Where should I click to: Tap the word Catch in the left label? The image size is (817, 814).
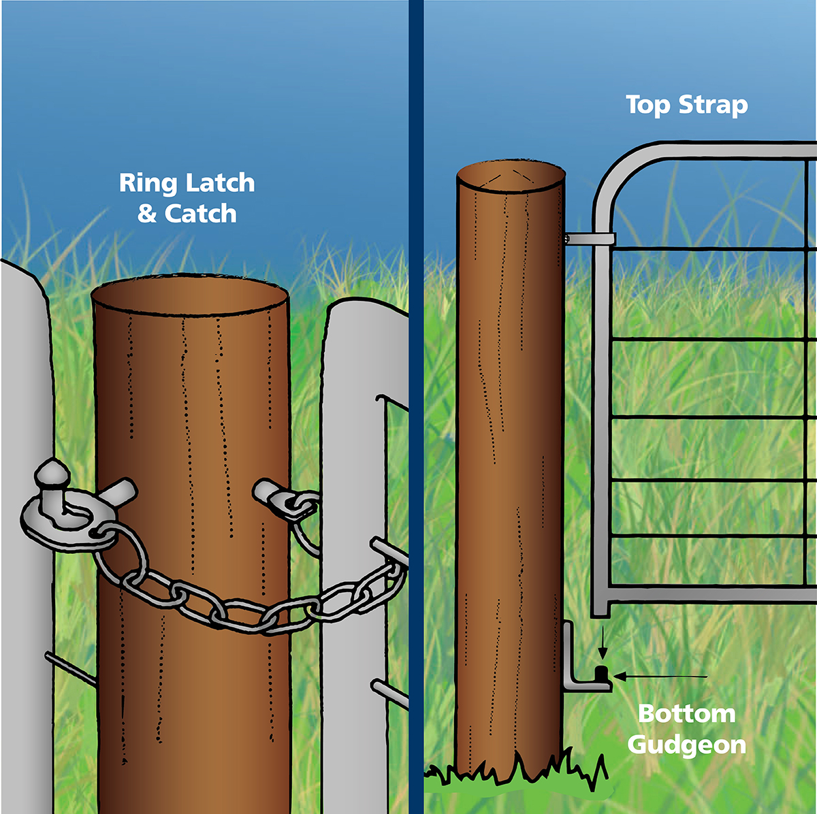(x=200, y=214)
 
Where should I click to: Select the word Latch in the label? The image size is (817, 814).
(x=220, y=183)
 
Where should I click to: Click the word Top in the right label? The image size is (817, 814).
(x=647, y=105)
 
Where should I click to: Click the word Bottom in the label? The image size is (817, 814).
(x=687, y=714)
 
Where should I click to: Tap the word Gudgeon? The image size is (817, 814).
(x=687, y=745)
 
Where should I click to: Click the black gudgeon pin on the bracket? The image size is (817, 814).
(x=601, y=674)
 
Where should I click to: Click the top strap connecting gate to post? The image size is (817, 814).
(x=591, y=238)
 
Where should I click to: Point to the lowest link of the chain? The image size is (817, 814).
(x=242, y=616)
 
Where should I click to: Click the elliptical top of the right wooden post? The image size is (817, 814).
(x=511, y=176)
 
